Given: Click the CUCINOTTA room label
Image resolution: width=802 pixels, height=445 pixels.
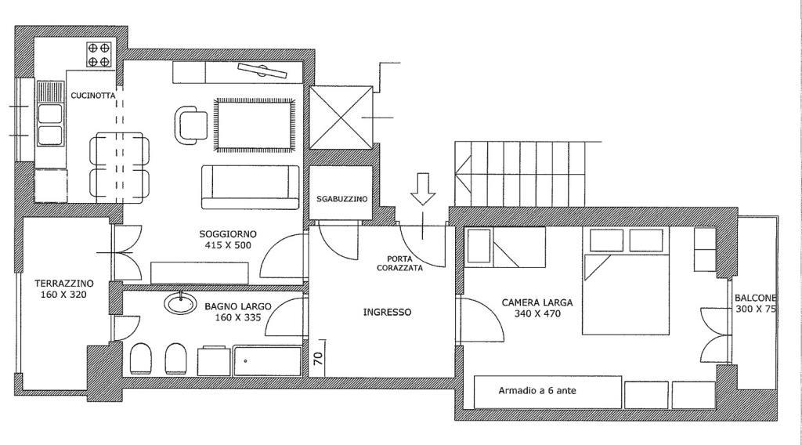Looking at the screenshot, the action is click(x=93, y=96).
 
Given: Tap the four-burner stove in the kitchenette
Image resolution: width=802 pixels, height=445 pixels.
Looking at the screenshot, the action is click(x=99, y=55).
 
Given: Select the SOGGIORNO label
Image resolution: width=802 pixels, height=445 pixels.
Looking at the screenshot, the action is click(x=228, y=234).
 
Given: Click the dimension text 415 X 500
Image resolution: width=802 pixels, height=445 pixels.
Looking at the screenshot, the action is click(x=228, y=245).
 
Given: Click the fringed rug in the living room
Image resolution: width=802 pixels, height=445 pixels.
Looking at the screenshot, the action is click(x=255, y=125).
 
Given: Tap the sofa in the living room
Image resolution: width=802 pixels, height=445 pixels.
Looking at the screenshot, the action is click(x=250, y=187).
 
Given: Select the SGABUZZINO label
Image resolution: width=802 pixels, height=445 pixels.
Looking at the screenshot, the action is click(x=341, y=199).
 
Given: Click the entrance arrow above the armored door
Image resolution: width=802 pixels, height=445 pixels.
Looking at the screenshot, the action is click(x=423, y=189).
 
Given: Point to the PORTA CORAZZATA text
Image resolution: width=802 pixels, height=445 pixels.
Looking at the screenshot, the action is click(x=400, y=263).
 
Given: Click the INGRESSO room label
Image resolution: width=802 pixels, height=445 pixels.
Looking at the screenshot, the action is click(x=387, y=312).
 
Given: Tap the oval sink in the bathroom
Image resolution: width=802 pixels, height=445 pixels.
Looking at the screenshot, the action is click(x=181, y=303).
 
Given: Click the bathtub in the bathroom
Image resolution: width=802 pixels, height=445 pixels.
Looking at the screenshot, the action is click(x=268, y=361).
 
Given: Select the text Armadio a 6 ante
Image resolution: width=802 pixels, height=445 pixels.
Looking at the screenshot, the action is click(x=537, y=391).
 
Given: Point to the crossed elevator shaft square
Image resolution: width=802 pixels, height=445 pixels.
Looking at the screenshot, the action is click(x=341, y=118).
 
